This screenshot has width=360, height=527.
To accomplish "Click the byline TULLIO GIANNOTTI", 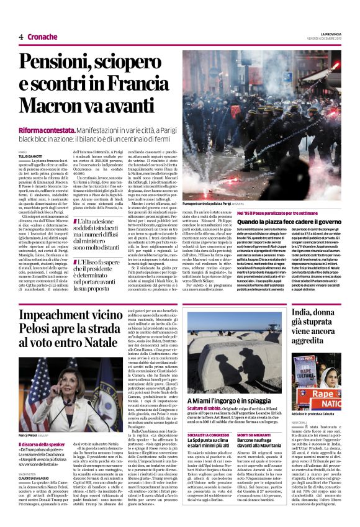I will coord(31,155).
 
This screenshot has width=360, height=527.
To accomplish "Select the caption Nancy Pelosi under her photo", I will coord(29,436).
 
